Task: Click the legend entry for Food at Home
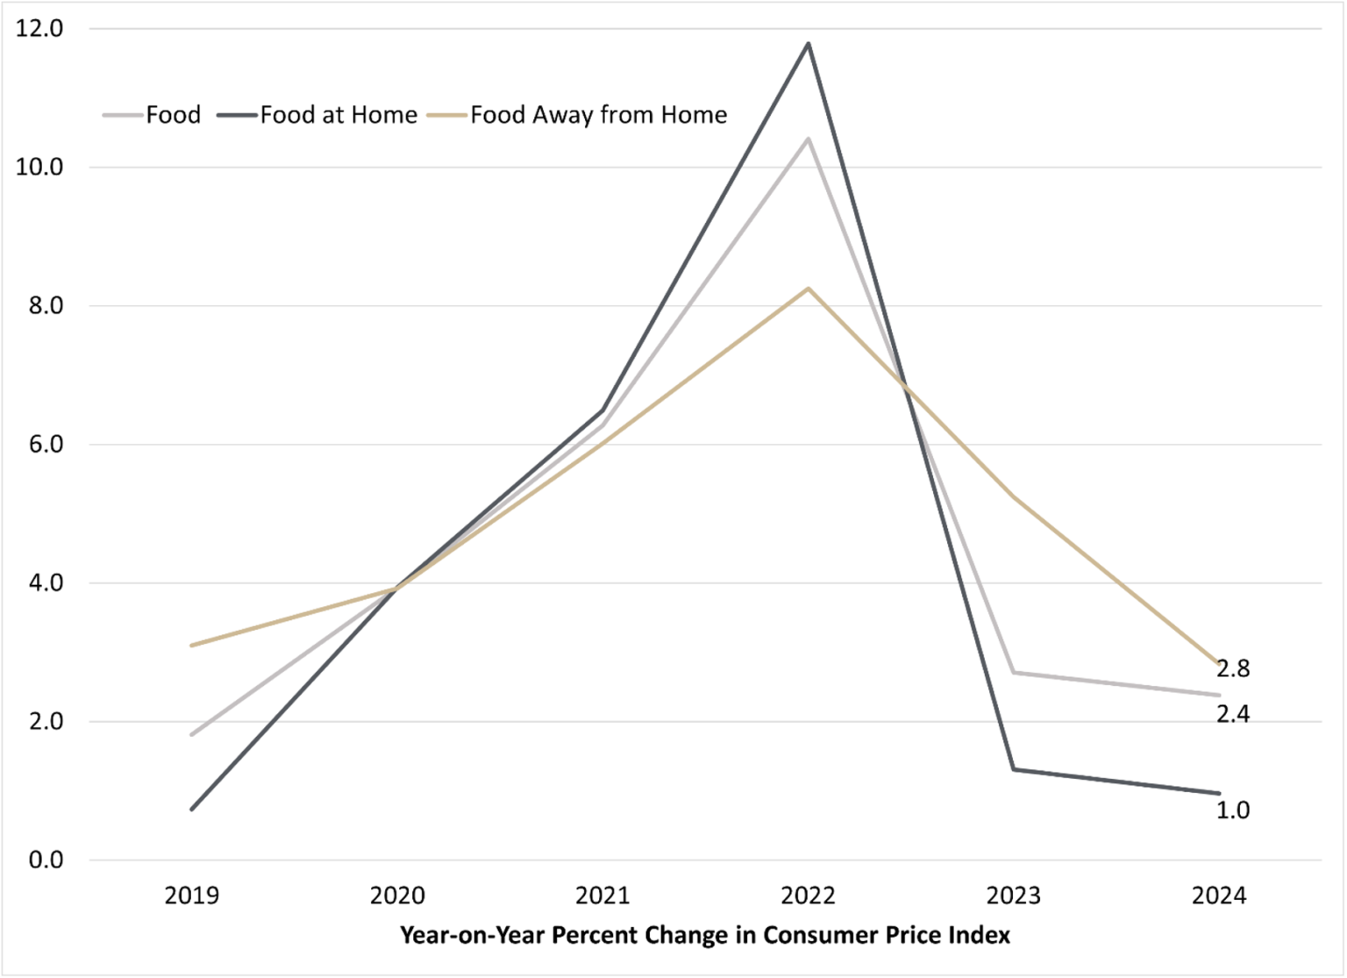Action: (x=338, y=115)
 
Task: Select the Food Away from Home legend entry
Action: (x=598, y=115)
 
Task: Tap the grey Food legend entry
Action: (x=173, y=115)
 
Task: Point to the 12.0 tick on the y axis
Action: (x=39, y=29)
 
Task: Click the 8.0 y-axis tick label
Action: (x=39, y=306)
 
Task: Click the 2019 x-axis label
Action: (x=192, y=896)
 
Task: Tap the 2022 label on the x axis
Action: (x=809, y=896)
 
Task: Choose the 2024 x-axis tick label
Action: (x=1219, y=896)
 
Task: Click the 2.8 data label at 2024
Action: (x=1233, y=668)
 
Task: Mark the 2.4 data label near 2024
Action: (x=1233, y=715)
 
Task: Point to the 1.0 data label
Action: (x=1233, y=810)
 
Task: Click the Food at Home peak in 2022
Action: (x=809, y=43)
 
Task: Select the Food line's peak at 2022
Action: (x=809, y=139)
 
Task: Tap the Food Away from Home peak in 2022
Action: (x=809, y=288)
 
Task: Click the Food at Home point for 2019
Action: (x=192, y=809)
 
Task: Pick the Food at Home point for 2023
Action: (x=1014, y=769)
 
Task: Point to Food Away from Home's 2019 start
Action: (x=192, y=645)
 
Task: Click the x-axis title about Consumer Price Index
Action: (x=705, y=935)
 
